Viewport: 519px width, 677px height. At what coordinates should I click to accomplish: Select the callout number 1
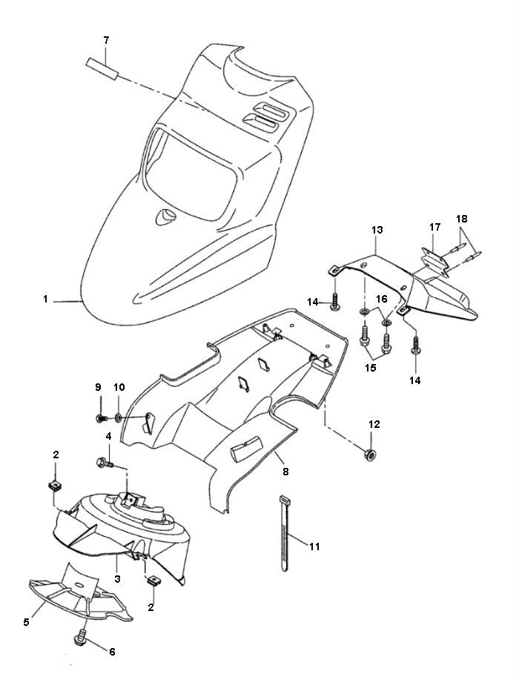[46, 300]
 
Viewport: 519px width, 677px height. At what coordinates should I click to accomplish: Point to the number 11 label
[314, 546]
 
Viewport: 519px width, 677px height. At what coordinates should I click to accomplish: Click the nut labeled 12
[368, 453]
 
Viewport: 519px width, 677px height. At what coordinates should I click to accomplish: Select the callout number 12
[374, 425]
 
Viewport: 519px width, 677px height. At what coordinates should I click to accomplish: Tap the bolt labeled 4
[105, 464]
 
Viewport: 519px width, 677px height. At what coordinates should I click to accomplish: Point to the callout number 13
[377, 231]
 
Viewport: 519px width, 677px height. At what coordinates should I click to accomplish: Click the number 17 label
[435, 226]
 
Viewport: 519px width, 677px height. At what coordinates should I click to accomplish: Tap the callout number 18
[461, 219]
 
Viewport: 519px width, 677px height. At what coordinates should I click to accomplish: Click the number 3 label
[117, 578]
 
